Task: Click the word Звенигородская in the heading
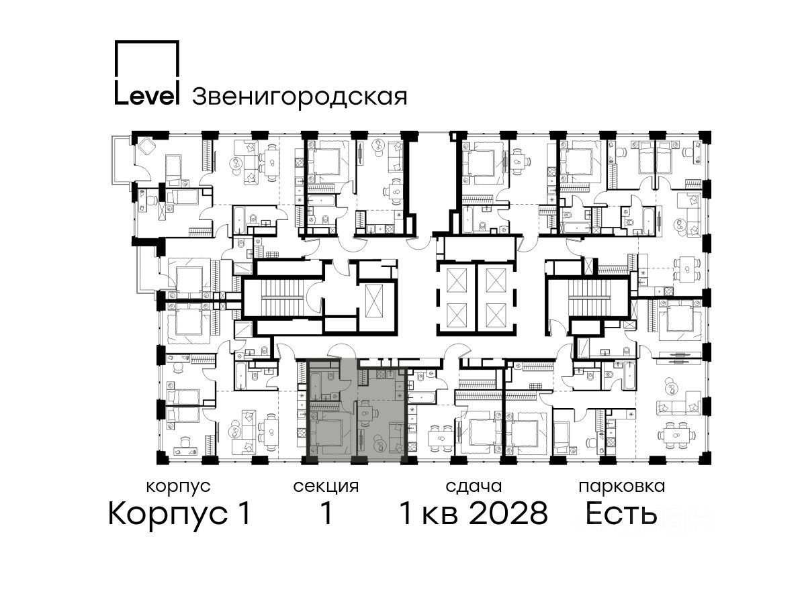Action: (300, 97)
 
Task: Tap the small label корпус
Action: (179, 487)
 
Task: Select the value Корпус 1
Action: (179, 514)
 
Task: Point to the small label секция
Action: (326, 487)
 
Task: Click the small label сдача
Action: (474, 487)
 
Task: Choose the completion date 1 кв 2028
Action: (474, 514)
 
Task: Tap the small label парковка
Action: (622, 487)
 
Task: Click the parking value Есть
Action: (621, 514)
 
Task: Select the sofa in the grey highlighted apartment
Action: (396, 436)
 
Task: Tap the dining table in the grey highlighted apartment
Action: (365, 413)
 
